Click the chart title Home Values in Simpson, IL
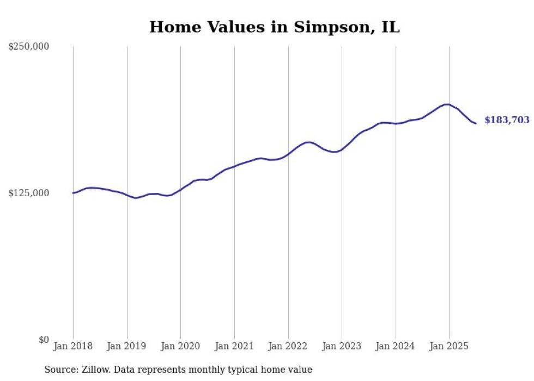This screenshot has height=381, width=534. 275,27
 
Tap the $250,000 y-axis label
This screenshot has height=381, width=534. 29,47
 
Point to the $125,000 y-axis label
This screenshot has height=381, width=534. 29,193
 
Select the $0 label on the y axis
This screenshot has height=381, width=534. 44,340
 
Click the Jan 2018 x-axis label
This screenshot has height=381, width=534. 73,346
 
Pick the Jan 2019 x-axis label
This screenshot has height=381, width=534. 127,346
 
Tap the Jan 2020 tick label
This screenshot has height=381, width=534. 181,346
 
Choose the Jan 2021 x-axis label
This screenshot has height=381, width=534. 234,346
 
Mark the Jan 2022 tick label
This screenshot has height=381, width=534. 288,346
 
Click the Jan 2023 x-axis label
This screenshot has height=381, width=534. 342,346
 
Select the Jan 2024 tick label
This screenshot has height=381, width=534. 396,346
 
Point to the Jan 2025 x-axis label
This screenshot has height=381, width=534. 449,346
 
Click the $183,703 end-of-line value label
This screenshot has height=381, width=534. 507,120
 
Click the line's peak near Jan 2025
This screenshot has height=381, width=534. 447,104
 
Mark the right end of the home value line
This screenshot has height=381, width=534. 476,123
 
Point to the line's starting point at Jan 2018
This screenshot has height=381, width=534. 73,193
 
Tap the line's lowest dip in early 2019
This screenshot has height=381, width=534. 136,198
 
